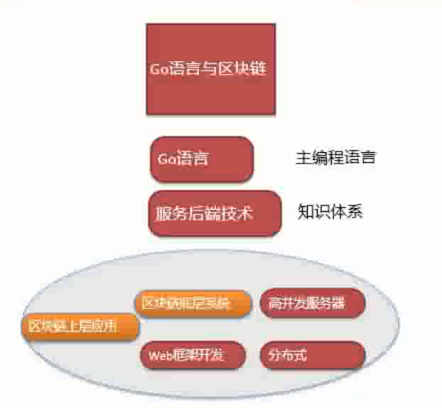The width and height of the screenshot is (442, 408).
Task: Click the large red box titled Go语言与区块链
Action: tap(210, 69)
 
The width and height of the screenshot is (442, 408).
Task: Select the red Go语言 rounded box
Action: tap(201, 159)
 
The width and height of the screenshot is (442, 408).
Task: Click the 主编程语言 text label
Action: tap(335, 158)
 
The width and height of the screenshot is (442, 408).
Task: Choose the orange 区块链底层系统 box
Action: tap(193, 303)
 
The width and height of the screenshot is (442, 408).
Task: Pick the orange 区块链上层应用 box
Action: tap(80, 326)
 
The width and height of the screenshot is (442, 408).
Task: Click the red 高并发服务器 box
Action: tap(313, 303)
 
